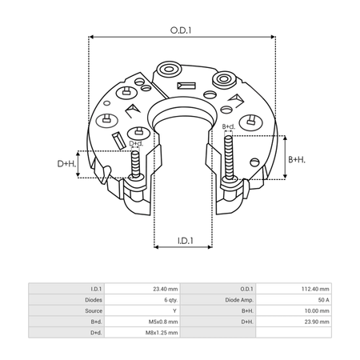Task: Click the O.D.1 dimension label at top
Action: (x=181, y=30)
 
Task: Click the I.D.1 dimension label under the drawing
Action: (x=186, y=241)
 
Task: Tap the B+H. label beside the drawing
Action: (x=297, y=159)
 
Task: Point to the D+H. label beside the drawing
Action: (x=66, y=163)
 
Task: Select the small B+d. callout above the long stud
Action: (x=229, y=126)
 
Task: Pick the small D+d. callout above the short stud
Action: (x=136, y=144)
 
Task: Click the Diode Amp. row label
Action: (x=239, y=300)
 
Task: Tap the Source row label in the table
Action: (x=94, y=311)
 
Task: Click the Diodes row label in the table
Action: (x=94, y=300)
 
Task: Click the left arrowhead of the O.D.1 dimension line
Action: (x=91, y=37)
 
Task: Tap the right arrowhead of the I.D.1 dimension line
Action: (x=210, y=247)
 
